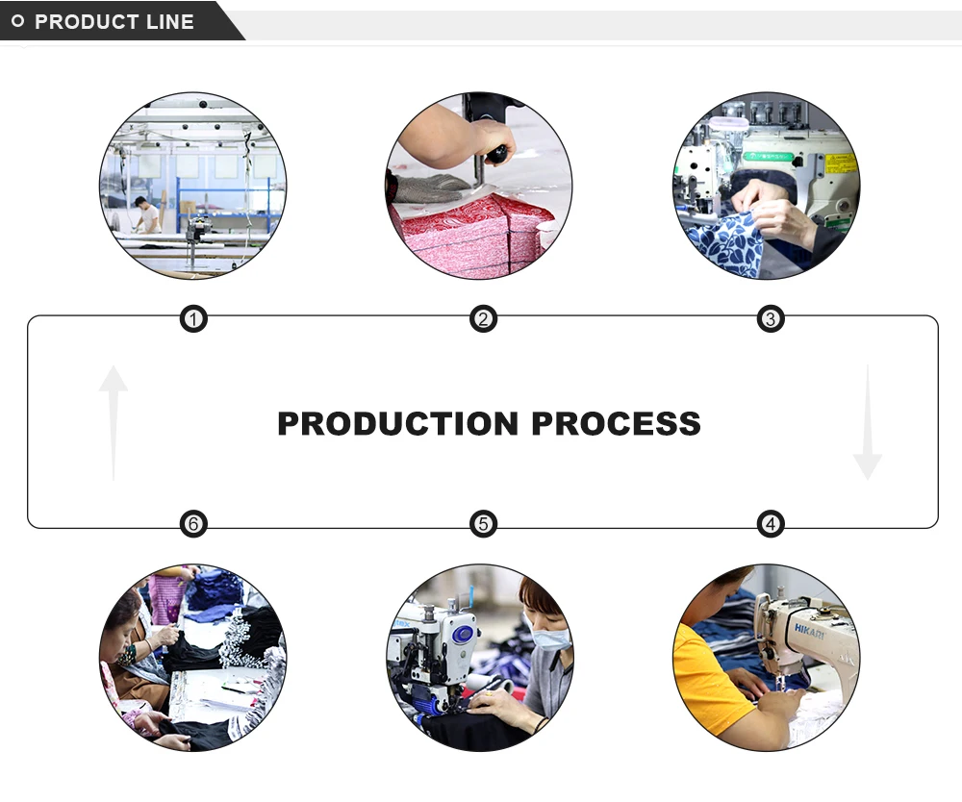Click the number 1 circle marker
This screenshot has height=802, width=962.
pos(193,318)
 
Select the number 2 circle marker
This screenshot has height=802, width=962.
pos(483,318)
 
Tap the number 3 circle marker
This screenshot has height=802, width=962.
pos(770,318)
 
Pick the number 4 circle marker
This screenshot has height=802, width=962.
pos(770,524)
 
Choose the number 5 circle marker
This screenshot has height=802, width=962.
pos(483,524)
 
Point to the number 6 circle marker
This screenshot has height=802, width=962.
pos(193,524)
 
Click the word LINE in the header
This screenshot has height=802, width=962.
pos(171,21)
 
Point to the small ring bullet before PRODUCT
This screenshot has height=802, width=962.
pos(17,21)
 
